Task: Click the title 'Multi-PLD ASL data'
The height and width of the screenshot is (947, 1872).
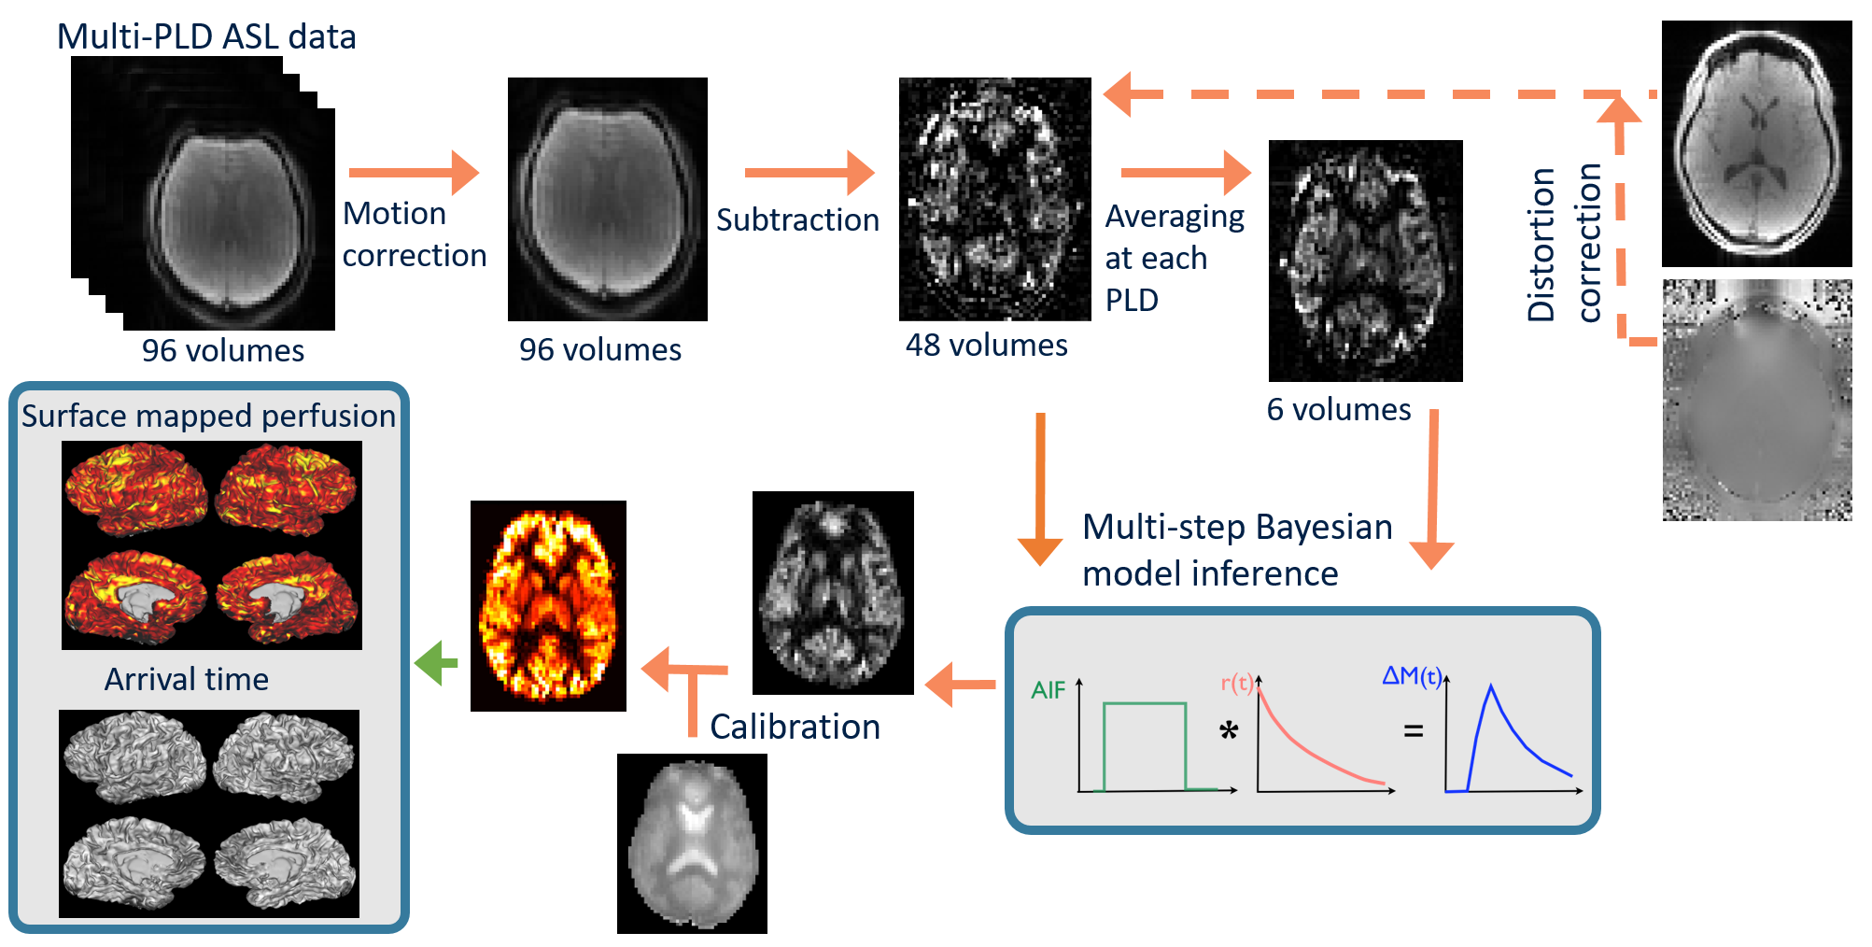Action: pyautogui.click(x=206, y=36)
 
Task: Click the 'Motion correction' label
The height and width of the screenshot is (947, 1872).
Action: pyautogui.click(x=414, y=234)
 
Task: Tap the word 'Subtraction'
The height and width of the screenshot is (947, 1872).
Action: pyautogui.click(x=797, y=219)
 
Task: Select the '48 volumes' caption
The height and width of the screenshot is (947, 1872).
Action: pyautogui.click(x=986, y=345)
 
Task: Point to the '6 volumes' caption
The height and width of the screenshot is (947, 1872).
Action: pyautogui.click(x=1338, y=409)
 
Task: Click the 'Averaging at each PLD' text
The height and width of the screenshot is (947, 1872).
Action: pyautogui.click(x=1174, y=258)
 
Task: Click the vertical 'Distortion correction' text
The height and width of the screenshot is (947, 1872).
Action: pyautogui.click(x=1564, y=244)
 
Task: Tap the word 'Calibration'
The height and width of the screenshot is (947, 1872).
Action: pyautogui.click(x=795, y=727)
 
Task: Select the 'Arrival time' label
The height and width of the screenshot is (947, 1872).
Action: pyautogui.click(x=186, y=679)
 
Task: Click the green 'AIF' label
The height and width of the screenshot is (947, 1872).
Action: pyautogui.click(x=1048, y=690)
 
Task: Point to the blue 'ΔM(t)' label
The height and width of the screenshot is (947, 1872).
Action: pyautogui.click(x=1412, y=675)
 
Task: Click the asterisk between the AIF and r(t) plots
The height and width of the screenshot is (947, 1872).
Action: pyautogui.click(x=1229, y=730)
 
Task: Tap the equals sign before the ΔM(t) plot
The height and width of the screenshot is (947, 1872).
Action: pyautogui.click(x=1414, y=731)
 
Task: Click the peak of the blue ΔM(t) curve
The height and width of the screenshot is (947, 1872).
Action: pyautogui.click(x=1491, y=687)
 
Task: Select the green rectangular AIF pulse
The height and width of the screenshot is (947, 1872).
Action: pyautogui.click(x=1145, y=745)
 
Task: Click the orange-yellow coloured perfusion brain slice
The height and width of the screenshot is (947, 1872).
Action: pyautogui.click(x=548, y=605)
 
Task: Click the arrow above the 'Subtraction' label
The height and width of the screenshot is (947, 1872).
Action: pyautogui.click(x=809, y=173)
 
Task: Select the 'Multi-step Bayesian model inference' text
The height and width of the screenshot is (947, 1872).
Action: pyautogui.click(x=1236, y=550)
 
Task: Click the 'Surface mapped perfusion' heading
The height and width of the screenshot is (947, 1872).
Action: pyautogui.click(x=208, y=416)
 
